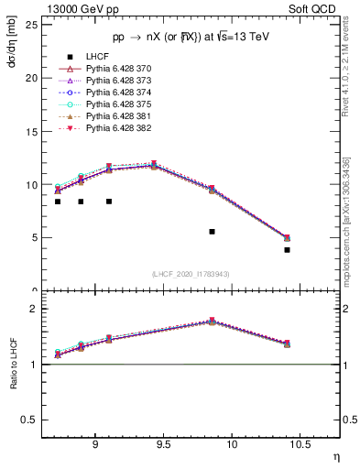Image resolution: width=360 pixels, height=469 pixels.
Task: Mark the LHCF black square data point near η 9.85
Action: point(212,232)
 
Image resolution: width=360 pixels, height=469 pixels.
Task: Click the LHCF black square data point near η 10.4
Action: point(287,249)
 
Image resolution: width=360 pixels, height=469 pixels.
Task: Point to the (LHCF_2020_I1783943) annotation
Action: point(191,274)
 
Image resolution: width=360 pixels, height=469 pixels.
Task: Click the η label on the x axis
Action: point(335,457)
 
